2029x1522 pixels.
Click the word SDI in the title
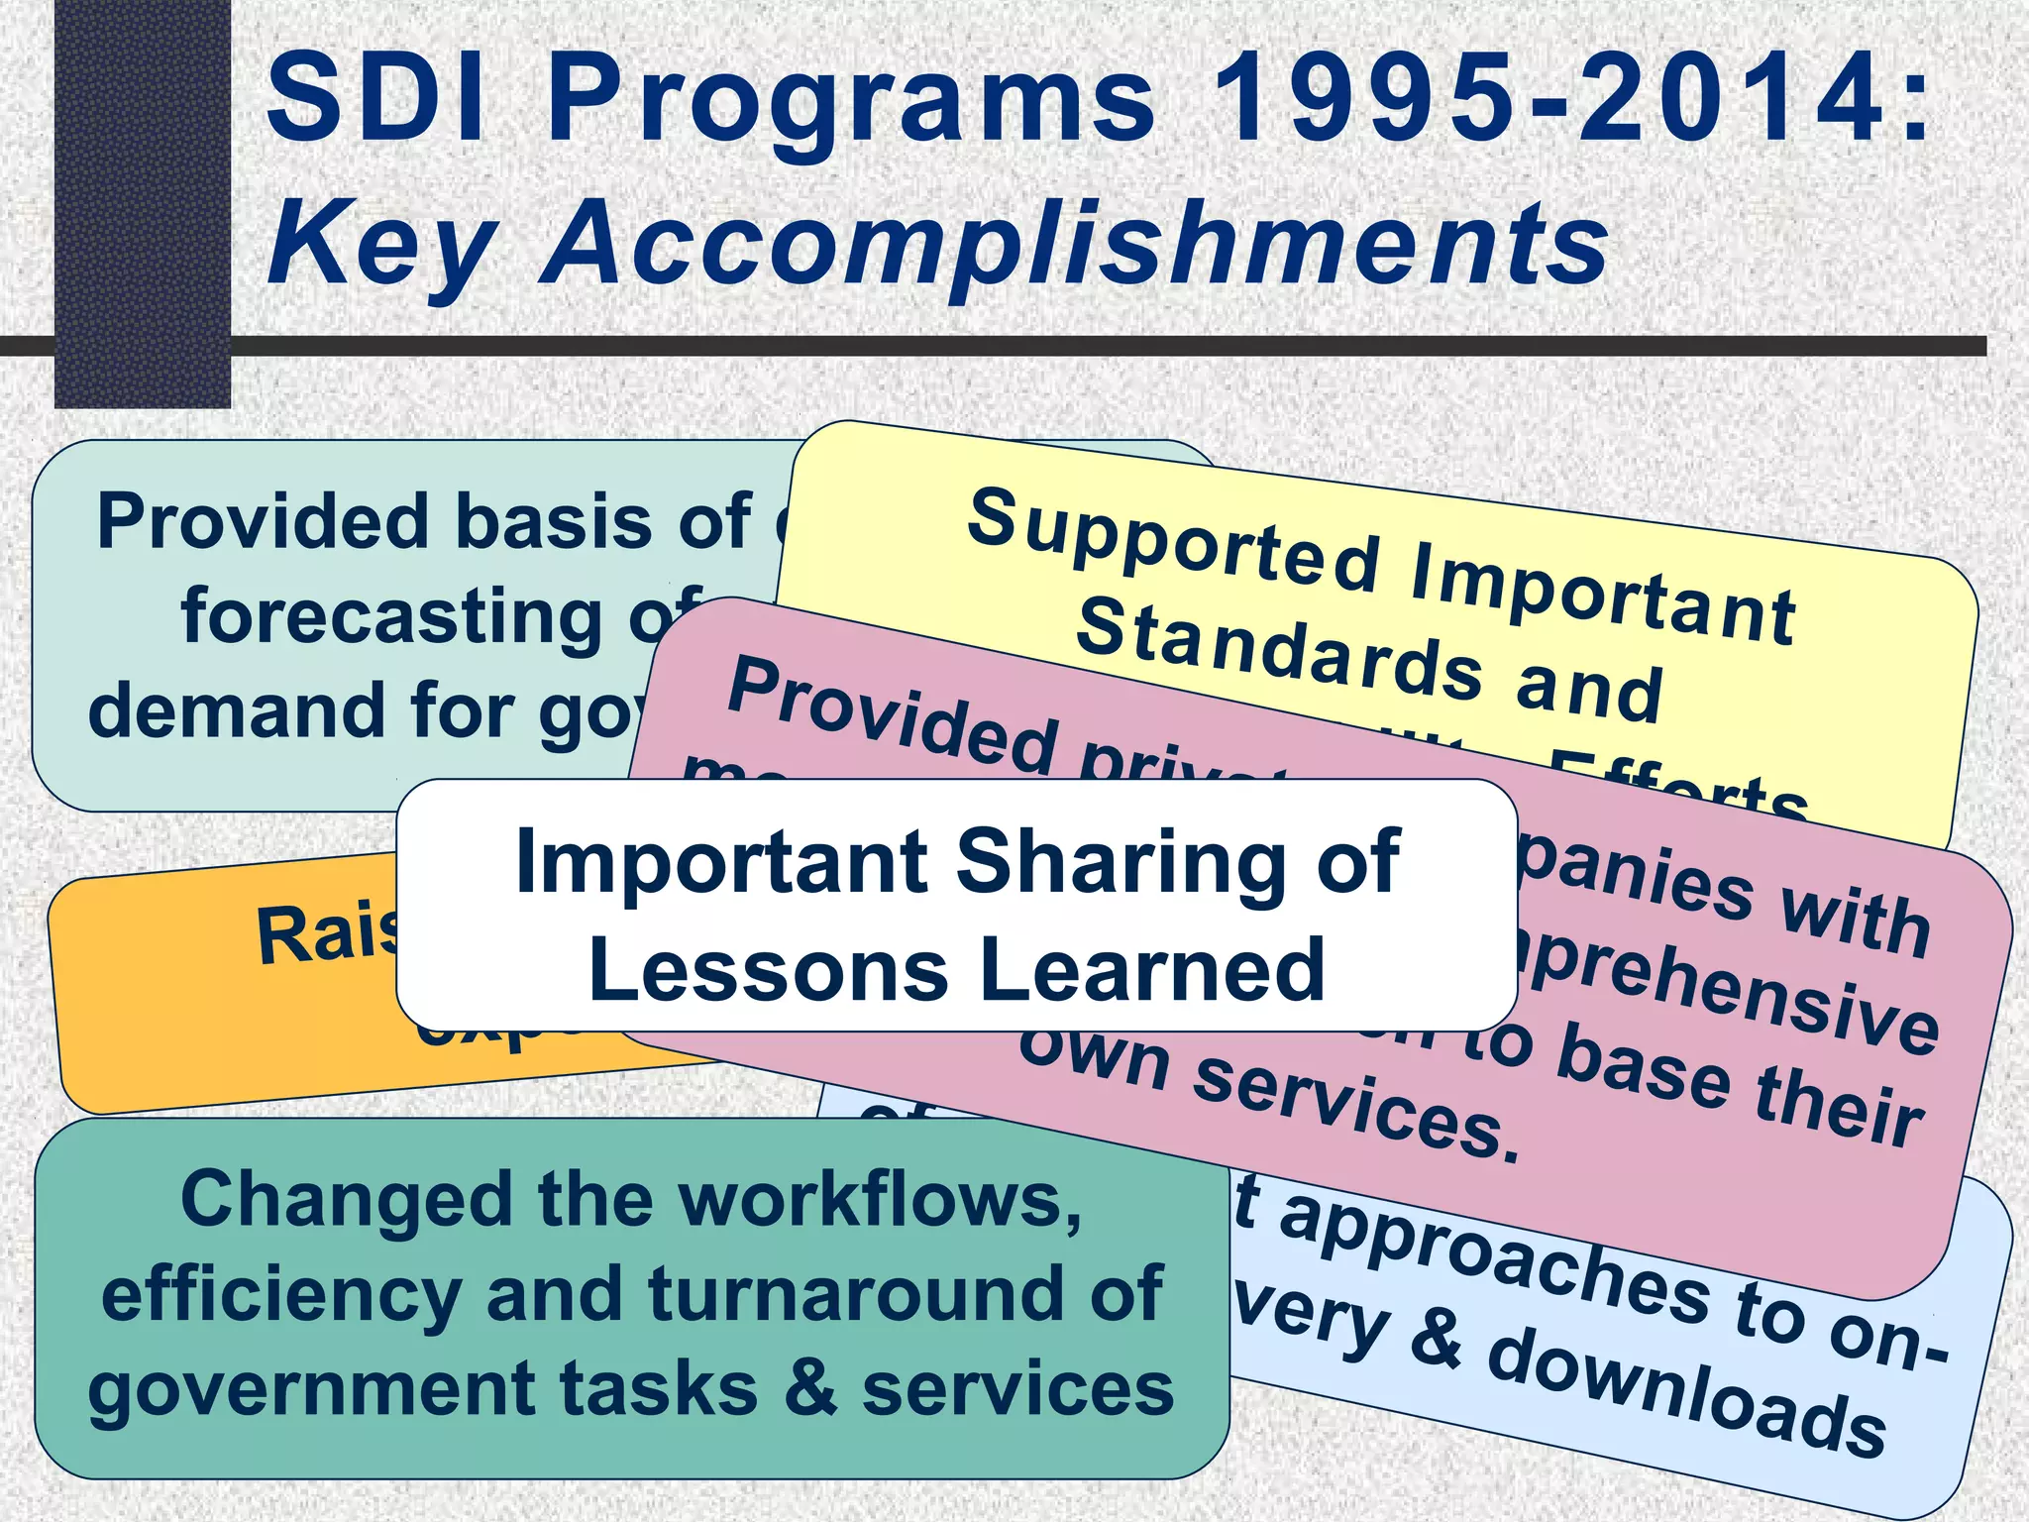click(x=375, y=99)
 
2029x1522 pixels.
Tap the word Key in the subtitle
click(x=381, y=243)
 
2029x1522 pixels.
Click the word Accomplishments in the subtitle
click(x=1075, y=243)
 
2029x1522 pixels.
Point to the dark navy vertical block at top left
click(x=142, y=198)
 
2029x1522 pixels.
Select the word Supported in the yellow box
click(x=1174, y=540)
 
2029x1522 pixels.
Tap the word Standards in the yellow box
click(x=1278, y=649)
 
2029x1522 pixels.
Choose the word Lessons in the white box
click(x=768, y=971)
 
